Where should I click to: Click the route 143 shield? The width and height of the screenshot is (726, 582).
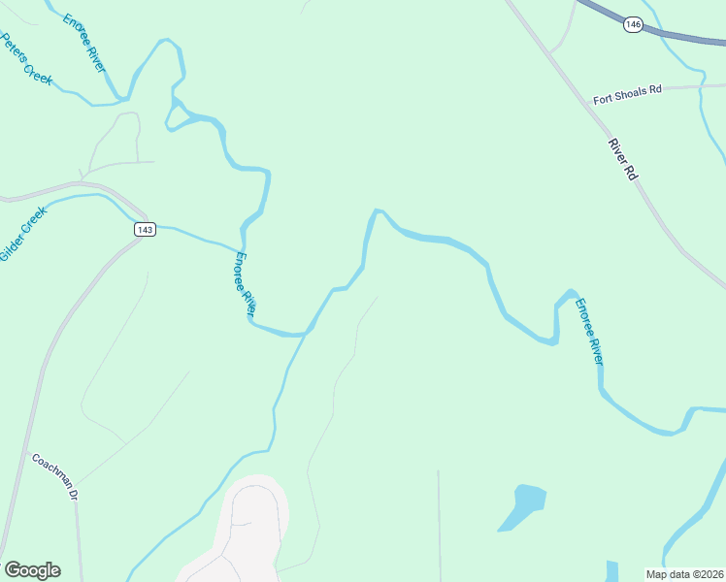point(144,229)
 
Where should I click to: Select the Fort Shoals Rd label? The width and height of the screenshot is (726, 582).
point(627,90)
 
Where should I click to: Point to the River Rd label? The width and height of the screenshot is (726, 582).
point(622,160)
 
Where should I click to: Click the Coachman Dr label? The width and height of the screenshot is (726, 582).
point(54,474)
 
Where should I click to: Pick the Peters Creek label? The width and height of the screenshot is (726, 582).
point(26,59)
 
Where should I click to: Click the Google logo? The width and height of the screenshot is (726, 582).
point(32,570)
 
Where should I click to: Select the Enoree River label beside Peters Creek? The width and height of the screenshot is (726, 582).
point(85,42)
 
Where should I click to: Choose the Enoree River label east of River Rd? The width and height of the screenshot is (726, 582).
point(589,331)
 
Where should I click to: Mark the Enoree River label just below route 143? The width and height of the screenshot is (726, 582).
point(244,283)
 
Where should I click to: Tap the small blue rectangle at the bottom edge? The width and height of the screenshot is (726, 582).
point(611,571)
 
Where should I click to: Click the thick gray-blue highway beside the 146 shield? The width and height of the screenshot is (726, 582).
point(679,36)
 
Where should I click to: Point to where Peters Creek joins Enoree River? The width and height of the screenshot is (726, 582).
point(123,99)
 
